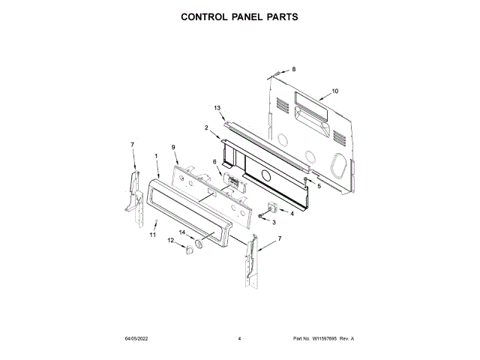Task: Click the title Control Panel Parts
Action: point(240,16)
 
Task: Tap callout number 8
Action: point(294,69)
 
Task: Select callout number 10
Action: point(334,91)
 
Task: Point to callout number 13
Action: point(217,108)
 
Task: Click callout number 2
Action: point(206,127)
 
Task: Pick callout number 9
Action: point(173,147)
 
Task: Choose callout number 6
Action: point(214,161)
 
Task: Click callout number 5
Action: point(319,186)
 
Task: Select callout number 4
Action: point(291,213)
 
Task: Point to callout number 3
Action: point(274,223)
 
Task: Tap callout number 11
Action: point(153,235)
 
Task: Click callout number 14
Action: point(181,232)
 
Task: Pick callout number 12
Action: point(170,241)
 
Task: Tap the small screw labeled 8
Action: point(277,73)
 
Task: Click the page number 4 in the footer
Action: point(238,339)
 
